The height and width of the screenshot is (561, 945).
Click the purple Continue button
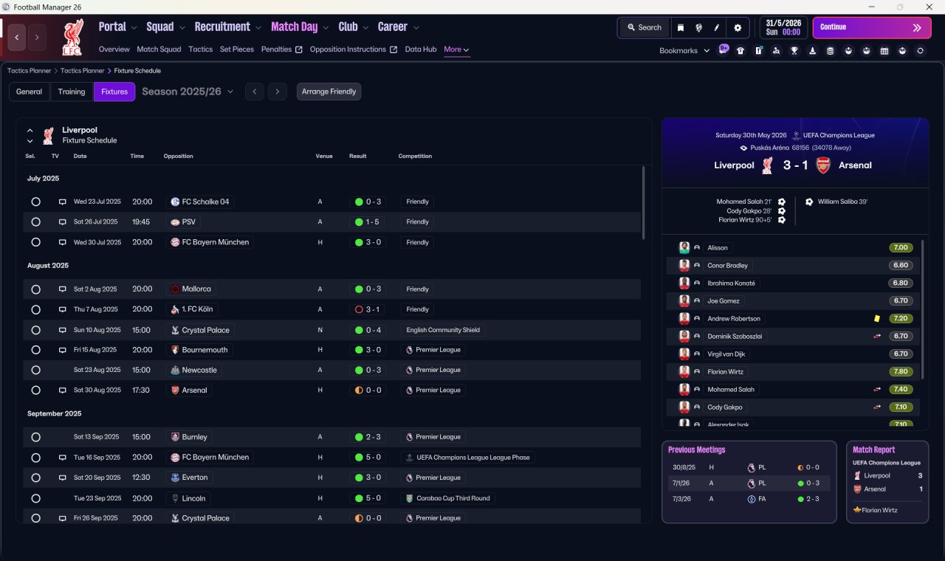pyautogui.click(x=872, y=27)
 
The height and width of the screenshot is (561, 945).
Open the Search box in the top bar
pyautogui.click(x=645, y=27)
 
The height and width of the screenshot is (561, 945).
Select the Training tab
pyautogui.click(x=72, y=92)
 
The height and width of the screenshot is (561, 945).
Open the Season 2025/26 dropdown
pyautogui.click(x=188, y=92)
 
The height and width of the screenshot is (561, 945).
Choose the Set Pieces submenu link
pyautogui.click(x=237, y=49)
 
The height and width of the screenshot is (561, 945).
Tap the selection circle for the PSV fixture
pyautogui.click(x=36, y=222)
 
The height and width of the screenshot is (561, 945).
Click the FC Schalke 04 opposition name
pyautogui.click(x=205, y=202)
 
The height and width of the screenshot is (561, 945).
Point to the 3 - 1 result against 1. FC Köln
pyautogui.click(x=373, y=309)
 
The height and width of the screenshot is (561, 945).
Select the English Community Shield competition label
pyautogui.click(x=443, y=330)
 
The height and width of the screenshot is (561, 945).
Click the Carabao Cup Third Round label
pyautogui.click(x=453, y=498)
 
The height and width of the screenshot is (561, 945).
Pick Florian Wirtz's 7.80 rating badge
pyautogui.click(x=901, y=371)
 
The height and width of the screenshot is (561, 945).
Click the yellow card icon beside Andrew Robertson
pyautogui.click(x=877, y=318)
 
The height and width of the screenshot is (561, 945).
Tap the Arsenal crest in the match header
pyautogui.click(x=823, y=165)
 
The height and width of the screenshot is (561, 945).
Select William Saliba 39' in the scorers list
pyautogui.click(x=842, y=202)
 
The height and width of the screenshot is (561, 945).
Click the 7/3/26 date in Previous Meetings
pyautogui.click(x=681, y=499)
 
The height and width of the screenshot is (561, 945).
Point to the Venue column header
pyautogui.click(x=324, y=156)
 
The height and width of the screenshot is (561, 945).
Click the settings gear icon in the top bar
pyautogui.click(x=738, y=28)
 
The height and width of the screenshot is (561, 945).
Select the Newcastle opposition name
pyautogui.click(x=199, y=370)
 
